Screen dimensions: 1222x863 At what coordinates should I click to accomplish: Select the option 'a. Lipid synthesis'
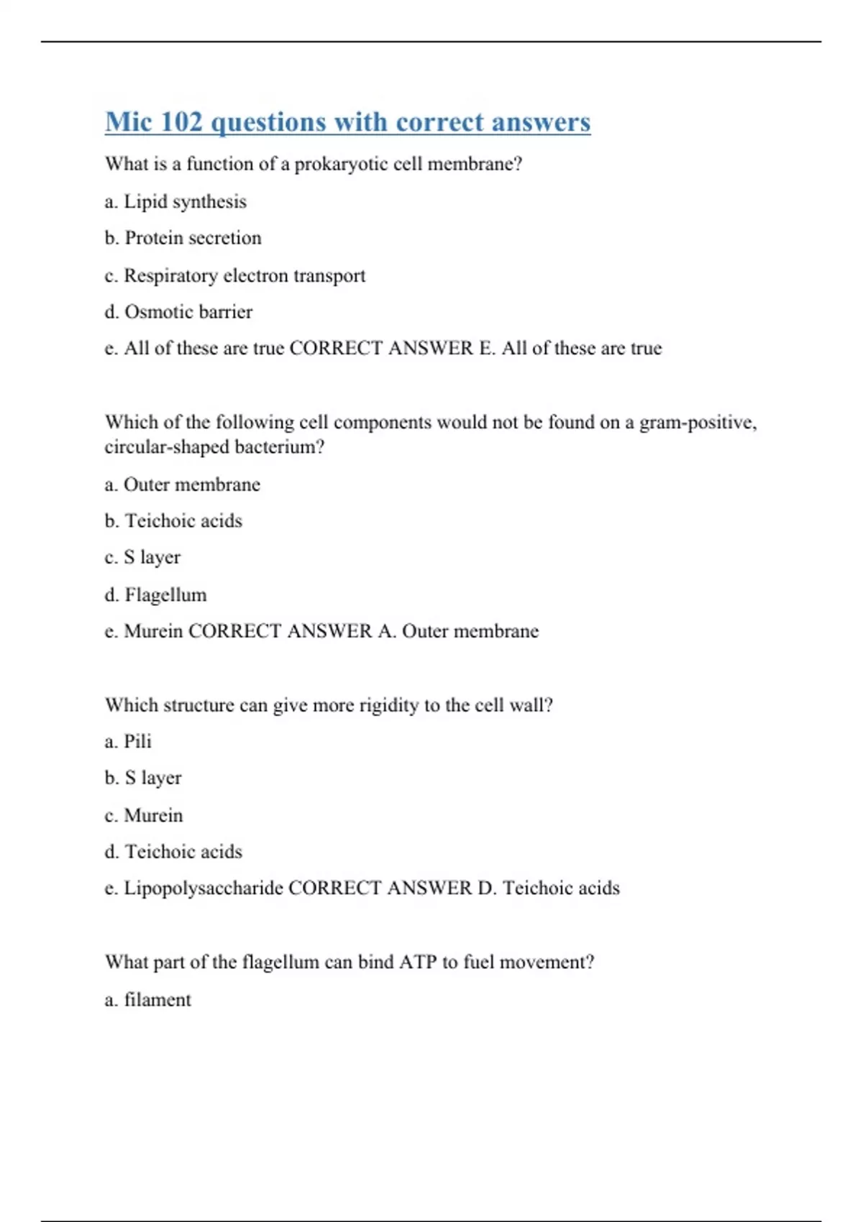tap(175, 202)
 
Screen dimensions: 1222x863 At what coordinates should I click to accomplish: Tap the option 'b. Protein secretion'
tap(183, 238)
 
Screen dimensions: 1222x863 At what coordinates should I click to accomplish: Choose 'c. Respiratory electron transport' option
tap(234, 275)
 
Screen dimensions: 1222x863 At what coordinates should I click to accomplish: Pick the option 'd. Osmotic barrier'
tap(178, 312)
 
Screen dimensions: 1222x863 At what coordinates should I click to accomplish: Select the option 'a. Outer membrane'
tap(182, 484)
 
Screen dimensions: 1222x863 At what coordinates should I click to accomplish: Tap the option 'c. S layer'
tap(142, 558)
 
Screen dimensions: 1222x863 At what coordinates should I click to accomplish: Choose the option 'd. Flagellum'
tap(155, 595)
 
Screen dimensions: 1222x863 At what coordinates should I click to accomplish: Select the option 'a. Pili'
tap(128, 741)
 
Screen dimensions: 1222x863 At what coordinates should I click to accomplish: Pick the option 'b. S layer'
tap(143, 778)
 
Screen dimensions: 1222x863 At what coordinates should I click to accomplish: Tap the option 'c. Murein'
tap(144, 815)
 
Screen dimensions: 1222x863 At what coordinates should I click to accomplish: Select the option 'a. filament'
tap(148, 1000)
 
